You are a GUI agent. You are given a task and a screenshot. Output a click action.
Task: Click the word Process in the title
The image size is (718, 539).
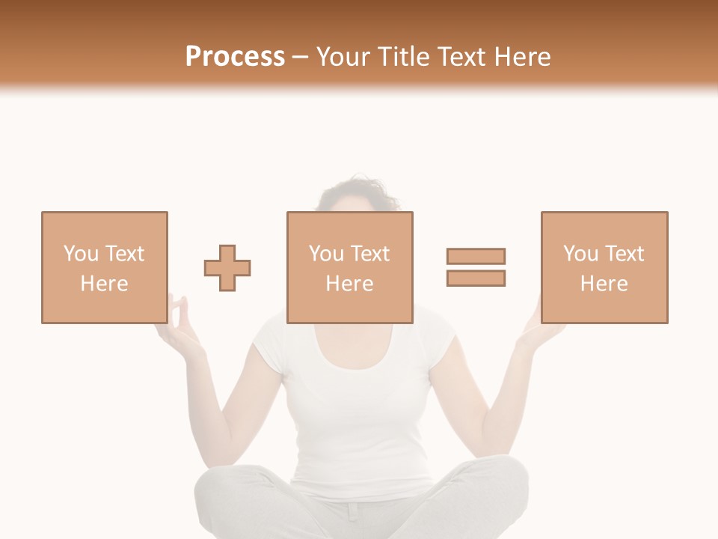tap(235, 57)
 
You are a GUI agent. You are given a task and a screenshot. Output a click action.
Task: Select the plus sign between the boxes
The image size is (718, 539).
tap(227, 268)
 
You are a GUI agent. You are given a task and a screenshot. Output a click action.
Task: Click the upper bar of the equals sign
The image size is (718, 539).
tap(476, 256)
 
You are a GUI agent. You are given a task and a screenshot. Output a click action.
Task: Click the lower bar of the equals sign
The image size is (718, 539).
tap(476, 278)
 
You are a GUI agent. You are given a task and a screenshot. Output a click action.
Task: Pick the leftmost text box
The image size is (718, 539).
tap(105, 267)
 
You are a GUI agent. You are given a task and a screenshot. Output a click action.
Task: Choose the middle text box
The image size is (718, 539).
tap(349, 267)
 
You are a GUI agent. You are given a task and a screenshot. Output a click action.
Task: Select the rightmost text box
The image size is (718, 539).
tap(604, 267)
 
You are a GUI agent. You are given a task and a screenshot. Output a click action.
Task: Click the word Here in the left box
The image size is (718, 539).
tap(105, 284)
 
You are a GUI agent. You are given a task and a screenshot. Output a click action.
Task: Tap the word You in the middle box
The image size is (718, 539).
tap(326, 254)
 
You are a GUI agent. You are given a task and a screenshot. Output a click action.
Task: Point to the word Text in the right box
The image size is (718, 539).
tap(623, 254)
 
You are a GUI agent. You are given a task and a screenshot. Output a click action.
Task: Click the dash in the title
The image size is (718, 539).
tap(301, 57)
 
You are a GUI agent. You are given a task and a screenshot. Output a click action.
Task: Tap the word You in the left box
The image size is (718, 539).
tap(81, 254)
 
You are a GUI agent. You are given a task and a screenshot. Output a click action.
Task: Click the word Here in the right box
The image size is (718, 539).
tap(604, 284)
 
